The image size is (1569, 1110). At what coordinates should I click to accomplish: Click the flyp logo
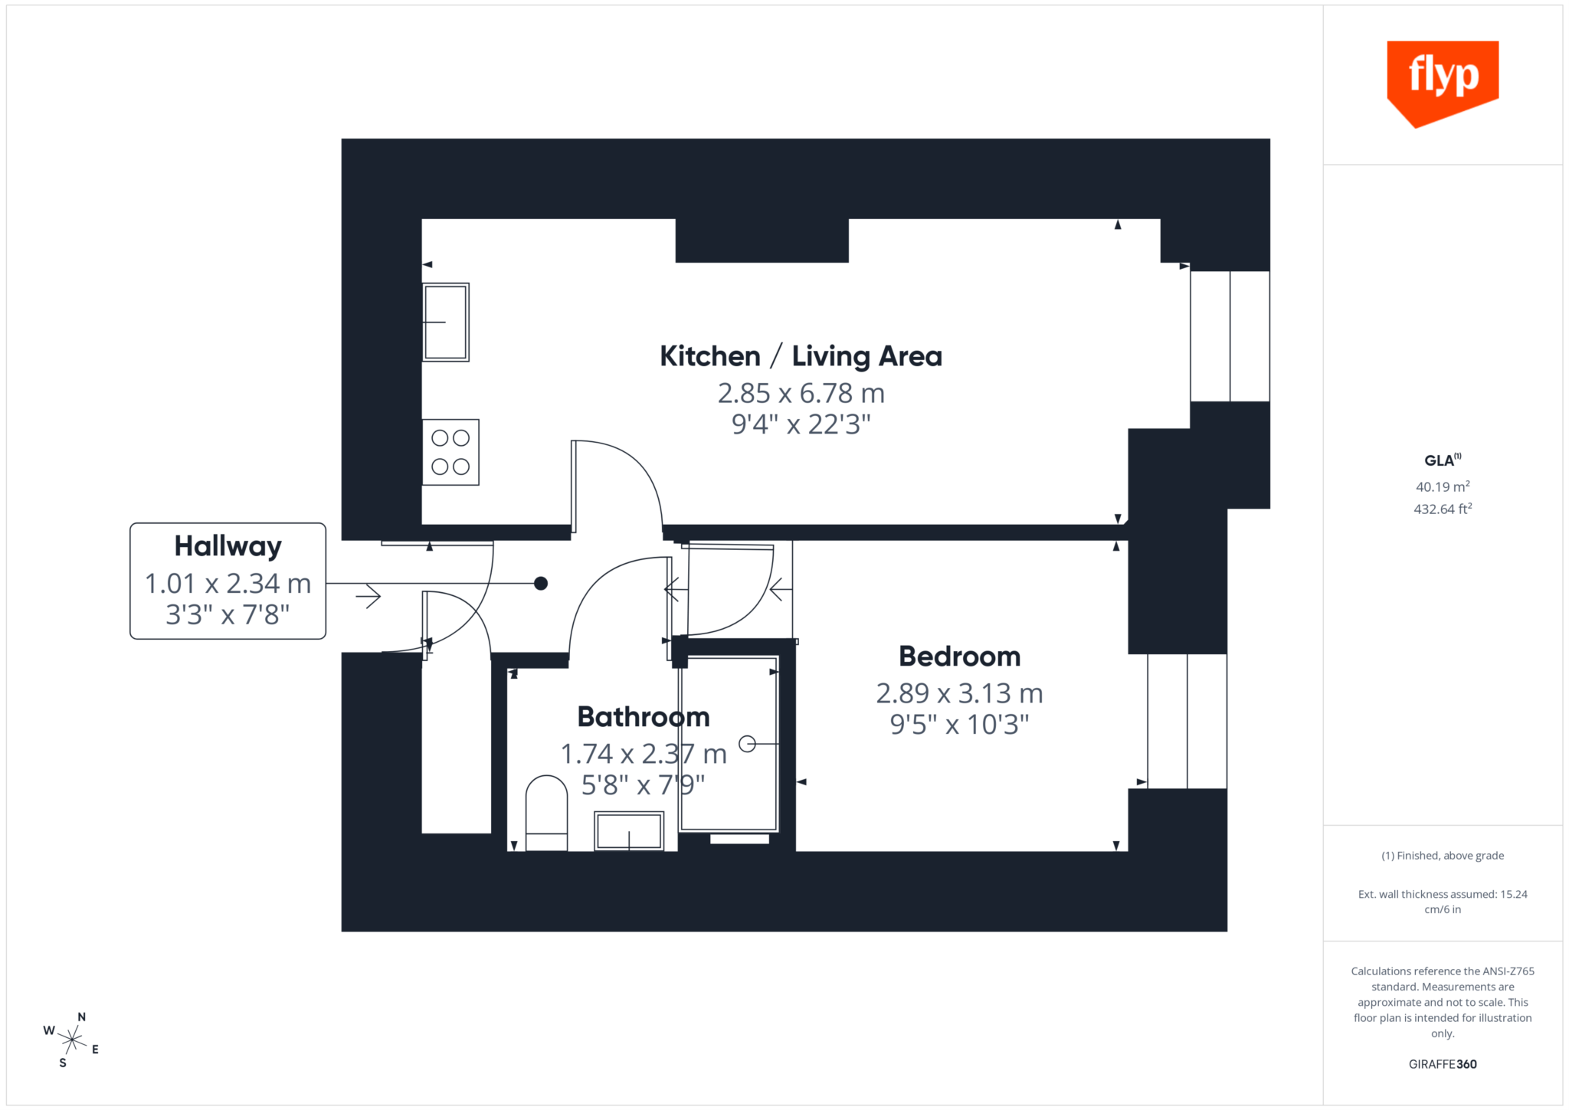click(1443, 81)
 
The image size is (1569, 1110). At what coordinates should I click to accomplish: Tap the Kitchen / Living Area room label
click(801, 357)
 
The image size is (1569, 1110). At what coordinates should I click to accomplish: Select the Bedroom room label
click(959, 657)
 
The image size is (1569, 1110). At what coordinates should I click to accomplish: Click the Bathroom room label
click(644, 717)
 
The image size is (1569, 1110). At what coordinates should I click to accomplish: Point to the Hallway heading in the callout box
click(228, 546)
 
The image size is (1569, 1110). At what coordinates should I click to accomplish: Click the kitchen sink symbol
click(446, 323)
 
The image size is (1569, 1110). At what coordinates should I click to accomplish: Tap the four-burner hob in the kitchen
click(450, 452)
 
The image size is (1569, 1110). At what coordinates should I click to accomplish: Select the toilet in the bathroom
click(546, 813)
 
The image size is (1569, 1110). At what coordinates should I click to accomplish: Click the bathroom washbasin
click(629, 832)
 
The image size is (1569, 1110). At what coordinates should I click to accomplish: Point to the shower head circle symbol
click(747, 744)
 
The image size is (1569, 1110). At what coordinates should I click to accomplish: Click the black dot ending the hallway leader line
click(541, 584)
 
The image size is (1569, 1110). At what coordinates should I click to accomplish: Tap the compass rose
click(72, 1040)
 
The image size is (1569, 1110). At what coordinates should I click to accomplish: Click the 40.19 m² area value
click(1443, 487)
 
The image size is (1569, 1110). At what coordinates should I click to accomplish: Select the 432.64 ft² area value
click(1443, 509)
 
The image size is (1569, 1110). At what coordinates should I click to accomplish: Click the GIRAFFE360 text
click(1443, 1064)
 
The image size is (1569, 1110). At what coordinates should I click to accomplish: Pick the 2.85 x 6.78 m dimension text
click(801, 394)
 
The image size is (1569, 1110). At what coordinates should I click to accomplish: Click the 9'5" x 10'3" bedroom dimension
click(959, 725)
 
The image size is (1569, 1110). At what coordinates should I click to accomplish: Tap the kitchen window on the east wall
click(1230, 336)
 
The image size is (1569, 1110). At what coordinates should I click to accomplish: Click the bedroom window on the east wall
click(1187, 721)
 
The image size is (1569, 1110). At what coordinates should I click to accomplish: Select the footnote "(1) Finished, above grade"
click(1443, 856)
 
